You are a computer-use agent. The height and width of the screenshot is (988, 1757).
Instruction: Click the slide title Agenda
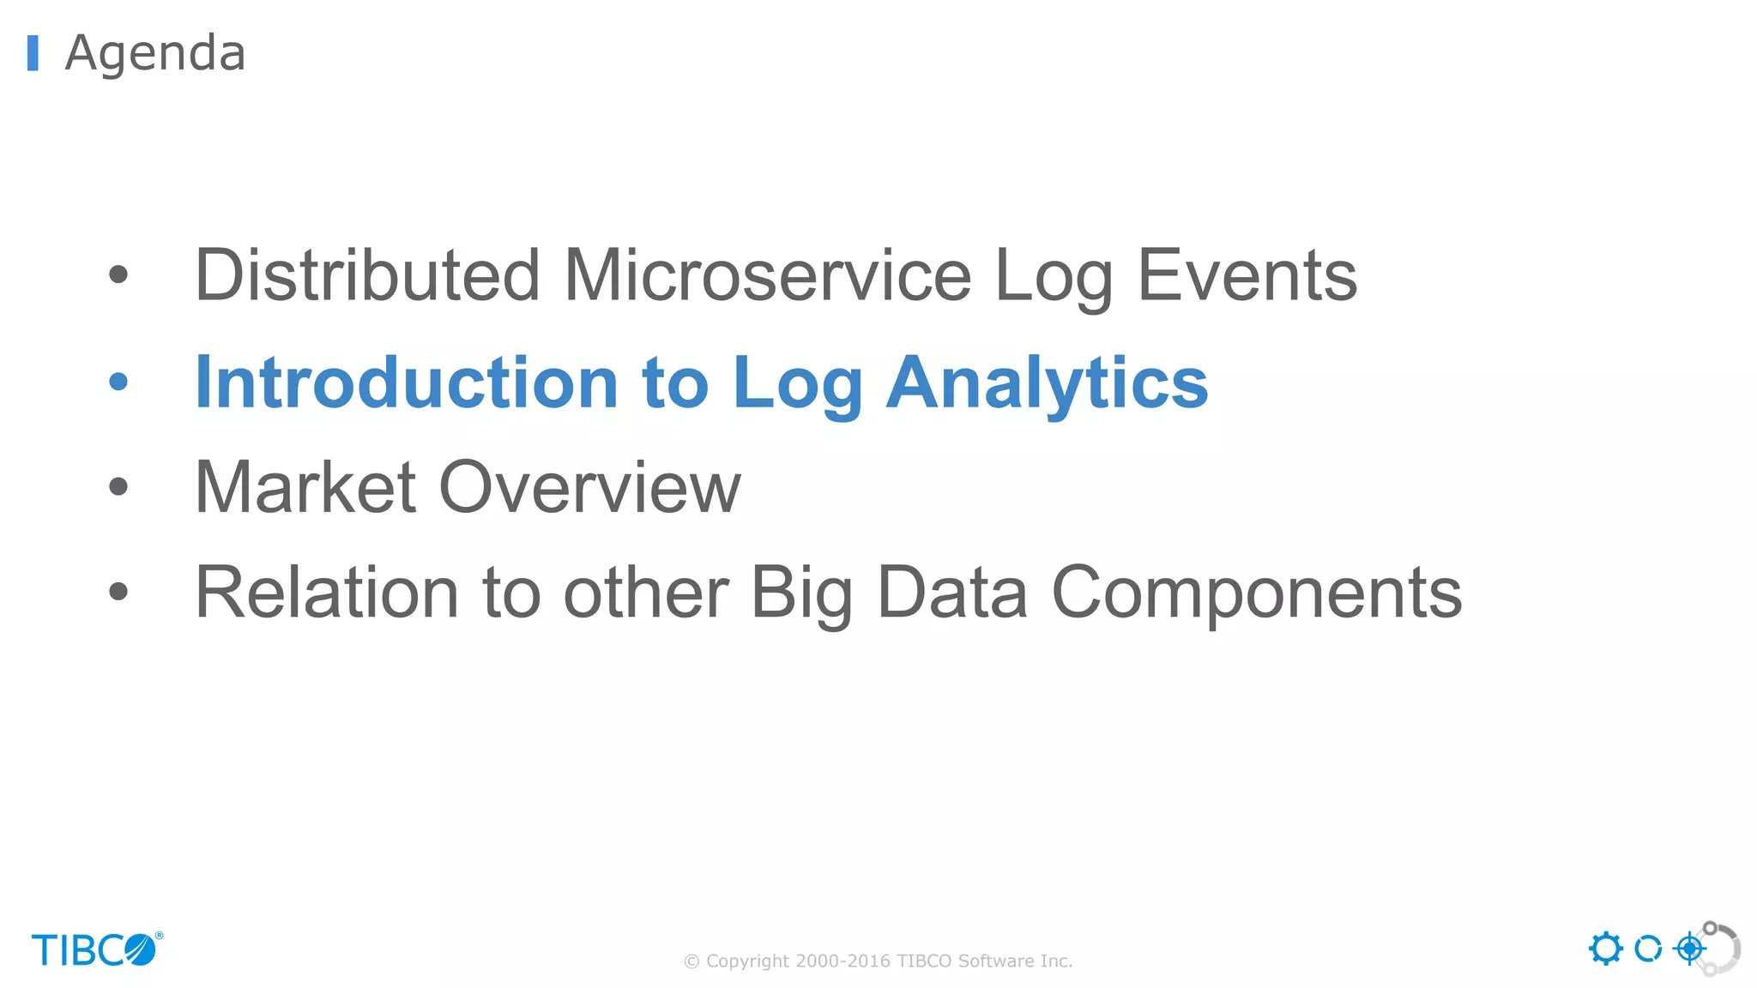tap(155, 53)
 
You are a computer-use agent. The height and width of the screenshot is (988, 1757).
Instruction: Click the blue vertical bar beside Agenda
tap(33, 53)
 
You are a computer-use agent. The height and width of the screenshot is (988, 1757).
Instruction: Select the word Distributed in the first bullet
tap(367, 275)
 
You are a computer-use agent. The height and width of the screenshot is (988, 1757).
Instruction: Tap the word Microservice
tap(767, 275)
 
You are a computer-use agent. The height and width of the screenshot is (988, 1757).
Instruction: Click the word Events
tap(1247, 275)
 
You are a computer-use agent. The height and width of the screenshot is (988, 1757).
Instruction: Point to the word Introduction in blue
tap(407, 383)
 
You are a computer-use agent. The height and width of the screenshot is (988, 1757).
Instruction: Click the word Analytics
tap(1047, 383)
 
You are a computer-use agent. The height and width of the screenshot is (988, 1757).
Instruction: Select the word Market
tap(305, 487)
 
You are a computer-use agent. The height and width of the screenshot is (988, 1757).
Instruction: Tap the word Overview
tap(589, 487)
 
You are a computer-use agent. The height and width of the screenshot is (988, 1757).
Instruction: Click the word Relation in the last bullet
tap(327, 593)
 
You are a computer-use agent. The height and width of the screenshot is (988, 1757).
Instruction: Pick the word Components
tap(1257, 593)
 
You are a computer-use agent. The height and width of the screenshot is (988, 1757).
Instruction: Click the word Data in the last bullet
tap(952, 593)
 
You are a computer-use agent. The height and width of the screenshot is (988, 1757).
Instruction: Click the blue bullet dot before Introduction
tap(118, 383)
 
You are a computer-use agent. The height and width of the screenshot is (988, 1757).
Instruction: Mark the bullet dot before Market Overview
tap(118, 487)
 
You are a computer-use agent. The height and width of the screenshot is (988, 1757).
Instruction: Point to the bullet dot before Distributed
tap(118, 275)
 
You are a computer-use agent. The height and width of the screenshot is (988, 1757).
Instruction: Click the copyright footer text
tap(878, 961)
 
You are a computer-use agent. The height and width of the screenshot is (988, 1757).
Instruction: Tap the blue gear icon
tap(1605, 949)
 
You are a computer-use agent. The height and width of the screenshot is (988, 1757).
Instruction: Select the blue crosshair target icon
tap(1689, 949)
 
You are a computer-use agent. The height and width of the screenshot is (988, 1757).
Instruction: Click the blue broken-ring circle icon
tap(1647, 949)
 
